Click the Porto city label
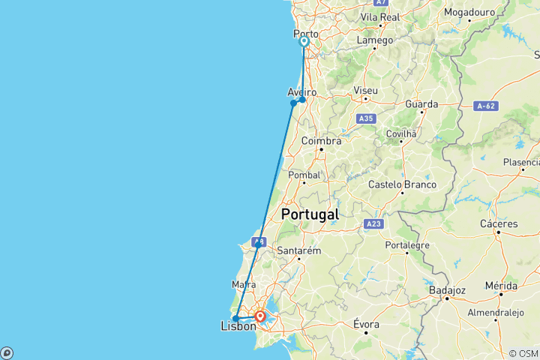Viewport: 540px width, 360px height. pyautogui.click(x=306, y=34)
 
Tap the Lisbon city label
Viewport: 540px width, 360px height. pyautogui.click(x=238, y=326)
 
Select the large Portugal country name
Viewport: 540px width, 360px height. pyautogui.click(x=310, y=214)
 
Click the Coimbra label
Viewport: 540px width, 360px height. pyautogui.click(x=321, y=140)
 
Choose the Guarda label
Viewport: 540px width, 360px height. pyautogui.click(x=421, y=104)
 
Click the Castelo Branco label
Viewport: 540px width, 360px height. pyautogui.click(x=403, y=184)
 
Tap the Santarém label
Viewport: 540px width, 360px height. pyautogui.click(x=298, y=250)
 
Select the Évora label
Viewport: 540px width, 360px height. pyautogui.click(x=366, y=325)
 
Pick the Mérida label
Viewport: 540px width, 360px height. pyautogui.click(x=500, y=286)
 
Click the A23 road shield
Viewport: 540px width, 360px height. pyautogui.click(x=373, y=223)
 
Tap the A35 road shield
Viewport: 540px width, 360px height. pyautogui.click(x=366, y=118)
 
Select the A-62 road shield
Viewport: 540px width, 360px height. pyautogui.click(x=487, y=106)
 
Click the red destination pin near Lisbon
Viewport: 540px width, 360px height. pyautogui.click(x=259, y=316)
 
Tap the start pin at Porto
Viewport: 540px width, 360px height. pyautogui.click(x=304, y=42)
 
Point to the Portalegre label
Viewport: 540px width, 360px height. pyautogui.click(x=406, y=245)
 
